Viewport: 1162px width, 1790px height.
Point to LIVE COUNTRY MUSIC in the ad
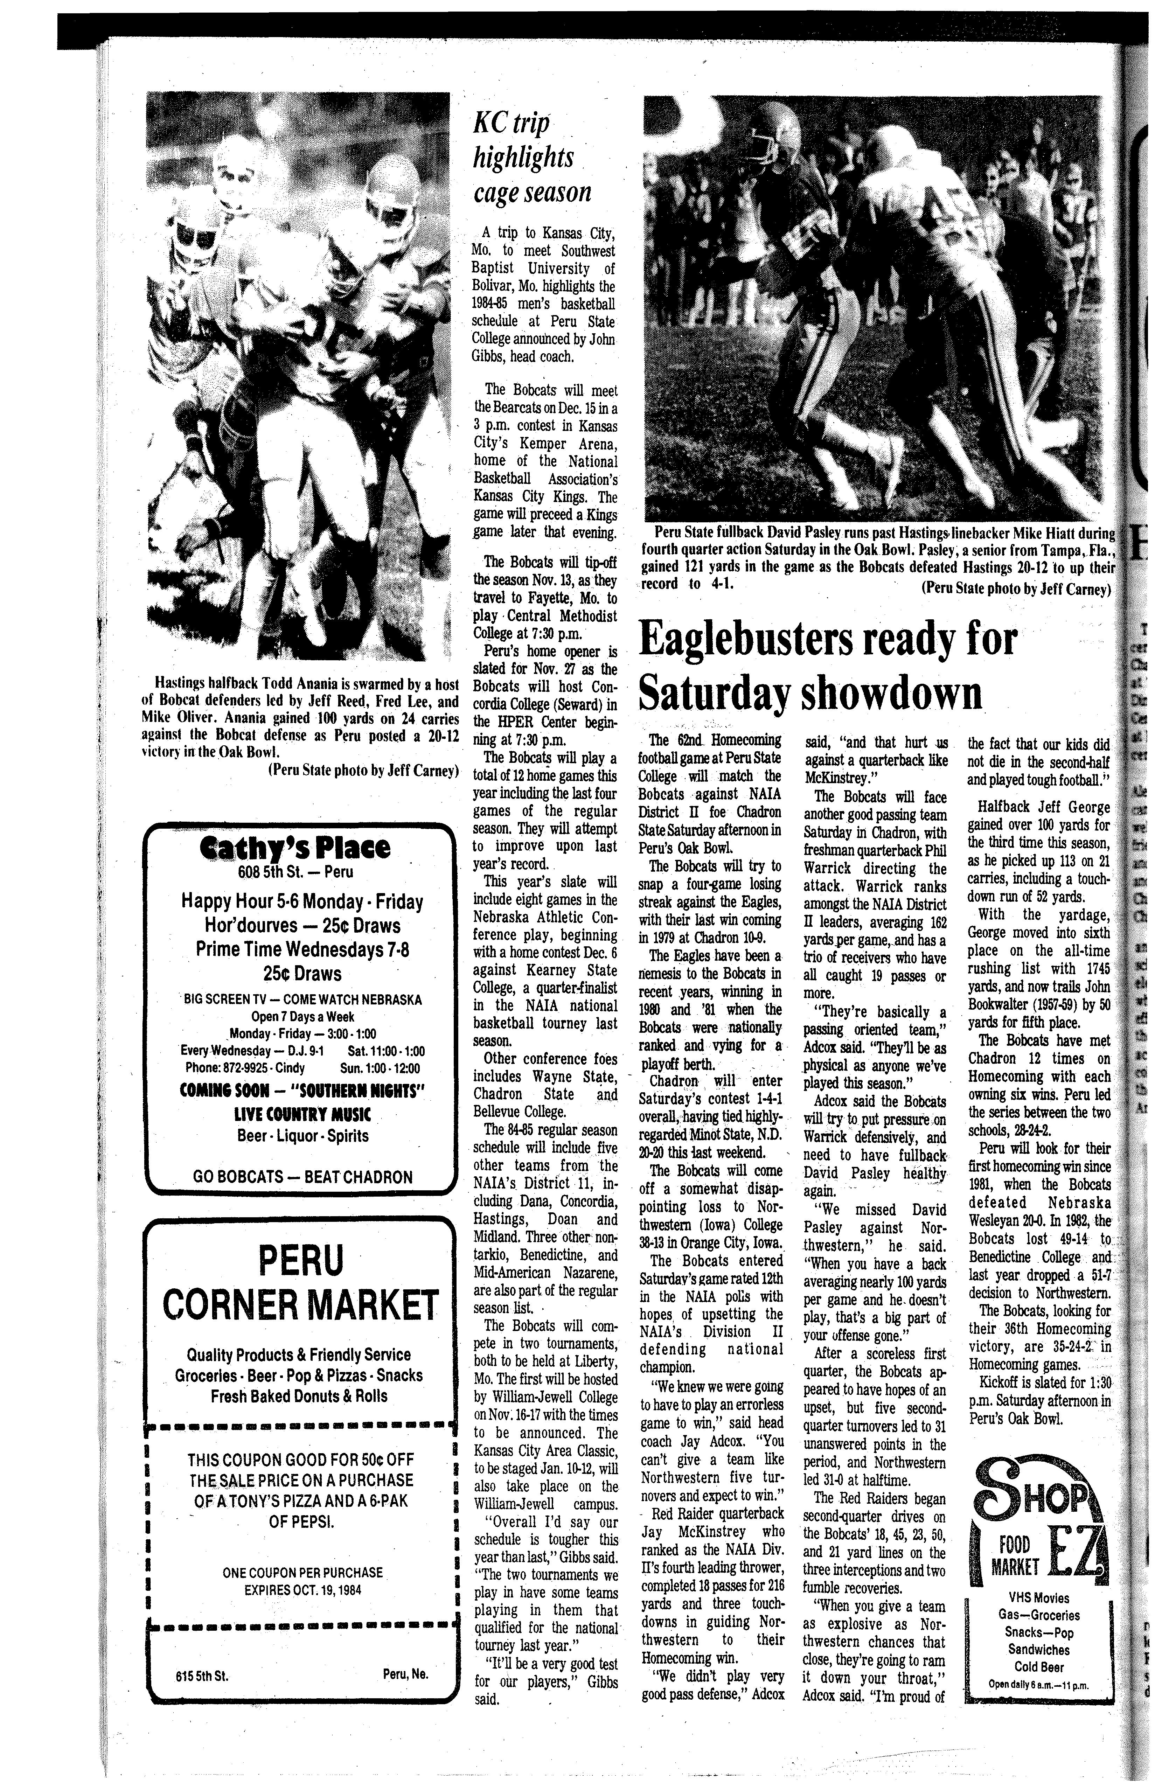pyautogui.click(x=302, y=1113)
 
